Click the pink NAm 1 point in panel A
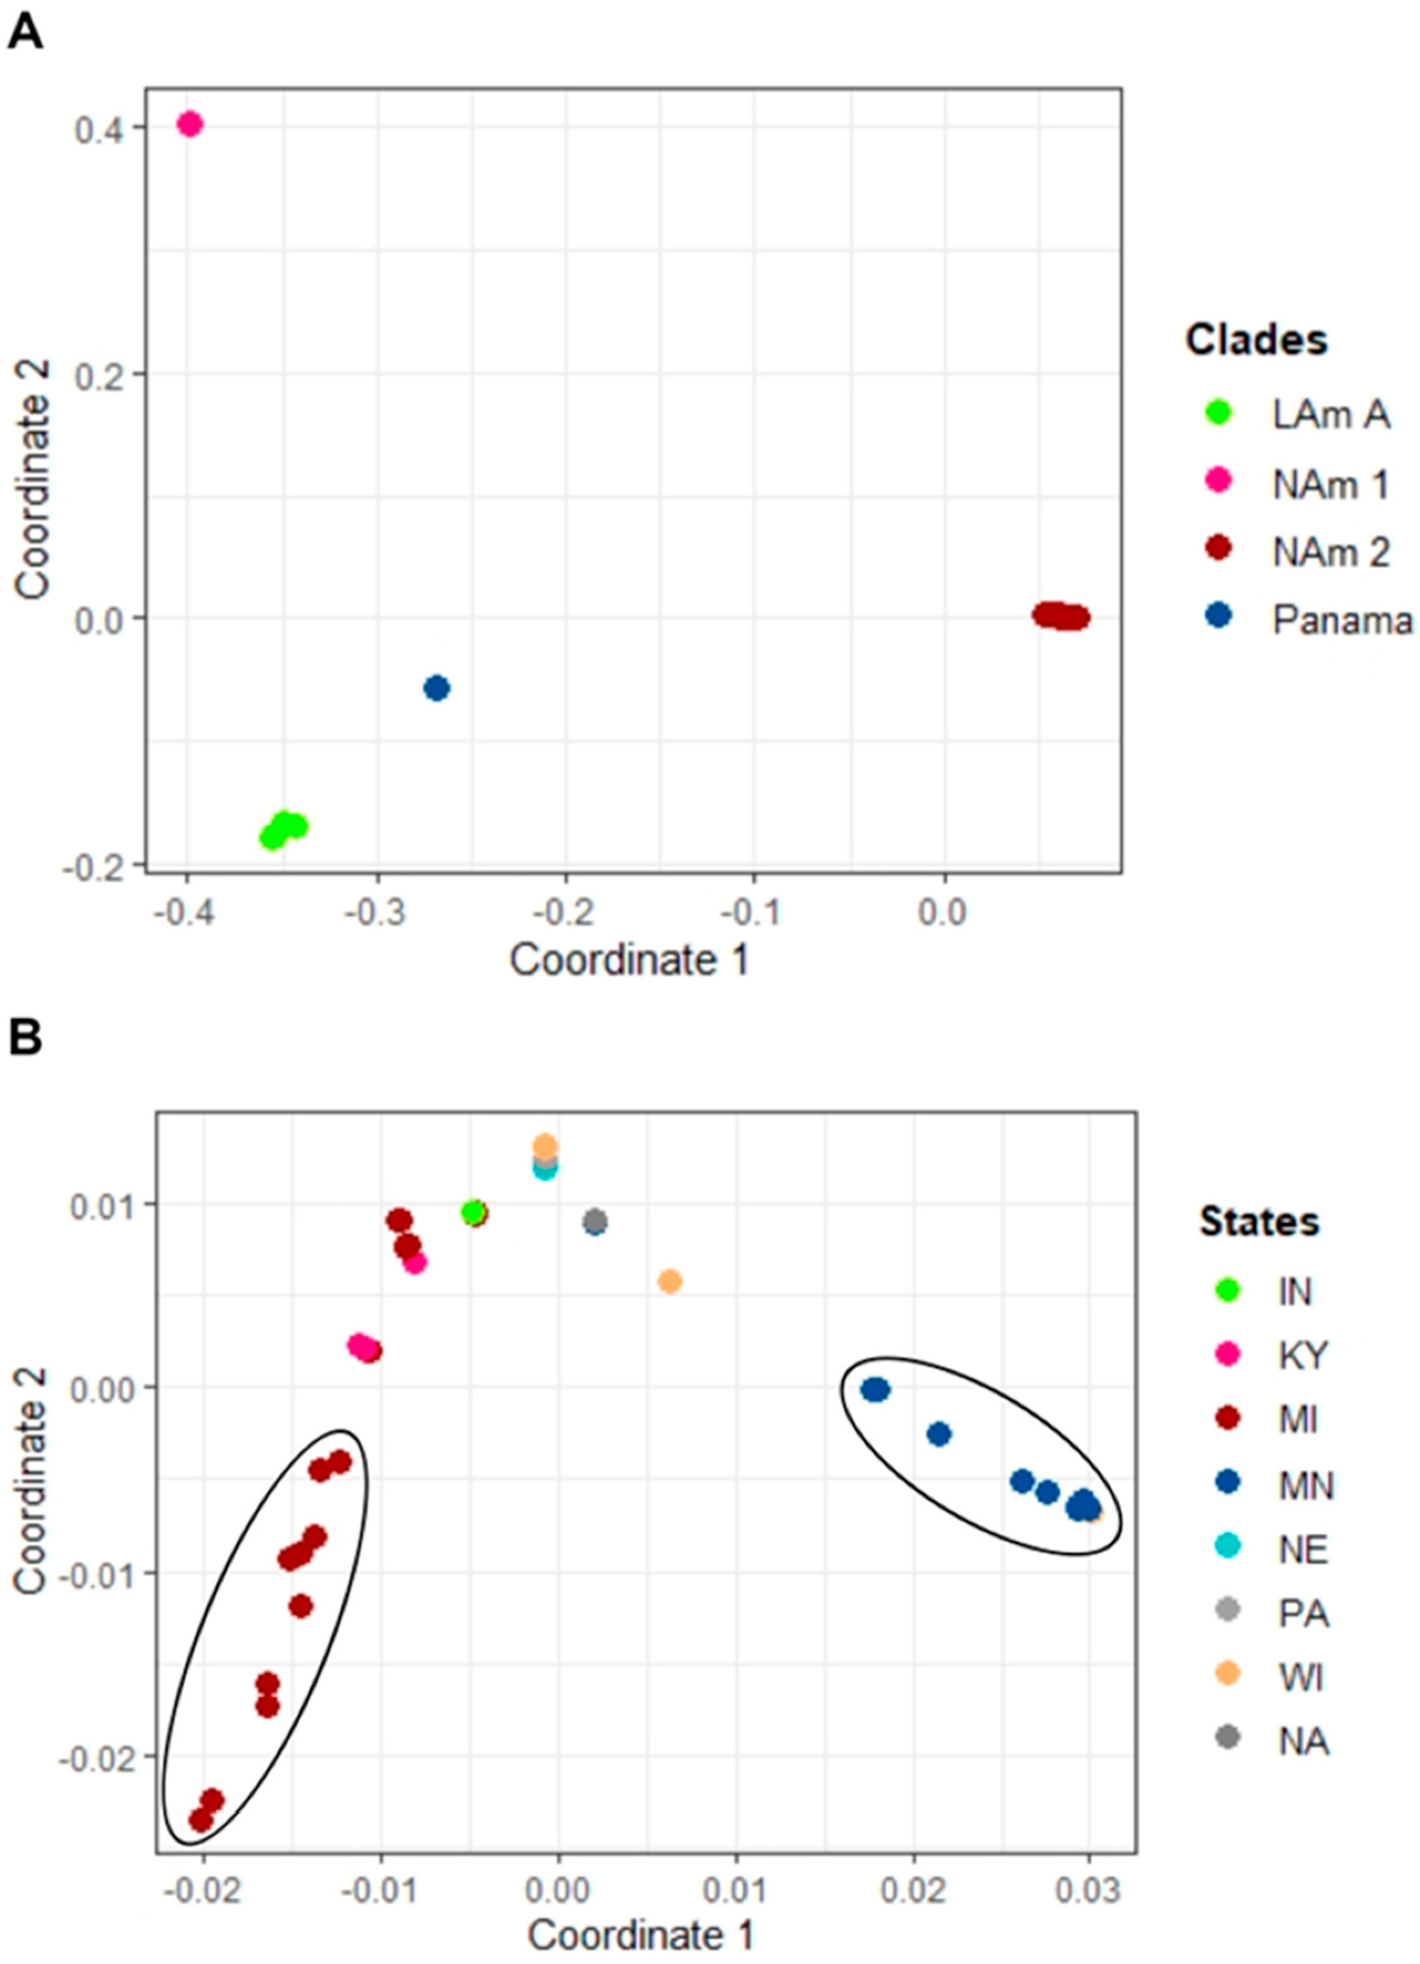[x=189, y=125]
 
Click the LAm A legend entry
[x=1330, y=415]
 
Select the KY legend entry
[x=1302, y=1355]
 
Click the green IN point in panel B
[x=472, y=1213]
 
